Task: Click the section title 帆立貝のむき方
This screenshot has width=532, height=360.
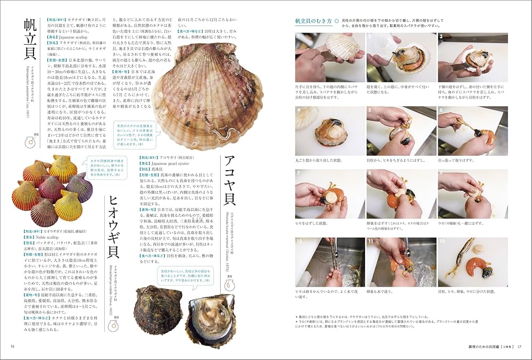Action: (x=313, y=21)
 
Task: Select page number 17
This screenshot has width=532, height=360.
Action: (x=521, y=347)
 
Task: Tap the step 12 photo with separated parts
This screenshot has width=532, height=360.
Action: (x=472, y=262)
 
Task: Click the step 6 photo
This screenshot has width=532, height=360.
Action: (x=472, y=131)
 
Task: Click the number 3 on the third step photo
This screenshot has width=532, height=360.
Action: (x=442, y=37)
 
